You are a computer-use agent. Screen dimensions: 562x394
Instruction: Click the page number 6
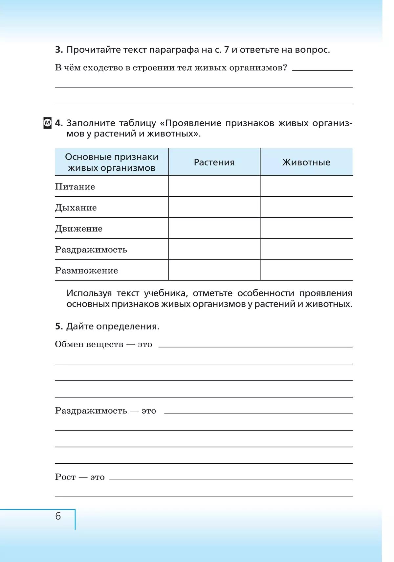pyautogui.click(x=58, y=516)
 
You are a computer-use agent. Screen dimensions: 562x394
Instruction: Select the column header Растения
pyautogui.click(x=214, y=162)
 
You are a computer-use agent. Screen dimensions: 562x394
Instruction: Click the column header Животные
pyautogui.click(x=306, y=162)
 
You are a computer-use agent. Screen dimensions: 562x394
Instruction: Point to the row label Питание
pyautogui.click(x=75, y=187)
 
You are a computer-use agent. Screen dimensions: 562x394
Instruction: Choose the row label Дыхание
pyautogui.click(x=76, y=208)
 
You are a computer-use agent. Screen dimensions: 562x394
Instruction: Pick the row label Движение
pyautogui.click(x=79, y=229)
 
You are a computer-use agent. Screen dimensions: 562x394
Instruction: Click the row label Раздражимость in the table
pyautogui.click(x=91, y=250)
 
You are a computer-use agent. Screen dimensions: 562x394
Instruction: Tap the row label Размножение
pyautogui.click(x=86, y=271)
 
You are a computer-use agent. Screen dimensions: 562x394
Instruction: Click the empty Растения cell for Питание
pyautogui.click(x=214, y=186)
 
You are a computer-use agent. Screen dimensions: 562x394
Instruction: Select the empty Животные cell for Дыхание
pyautogui.click(x=306, y=207)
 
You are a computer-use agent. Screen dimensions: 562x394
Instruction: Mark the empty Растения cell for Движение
pyautogui.click(x=214, y=228)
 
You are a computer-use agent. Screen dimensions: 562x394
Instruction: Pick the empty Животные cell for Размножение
pyautogui.click(x=306, y=270)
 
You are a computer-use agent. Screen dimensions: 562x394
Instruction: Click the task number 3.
pyautogui.click(x=59, y=50)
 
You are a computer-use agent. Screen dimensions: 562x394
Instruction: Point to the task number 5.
pyautogui.click(x=59, y=327)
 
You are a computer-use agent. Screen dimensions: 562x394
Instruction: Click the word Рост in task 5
pyautogui.click(x=65, y=477)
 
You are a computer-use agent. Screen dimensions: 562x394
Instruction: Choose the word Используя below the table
pyautogui.click(x=89, y=293)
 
